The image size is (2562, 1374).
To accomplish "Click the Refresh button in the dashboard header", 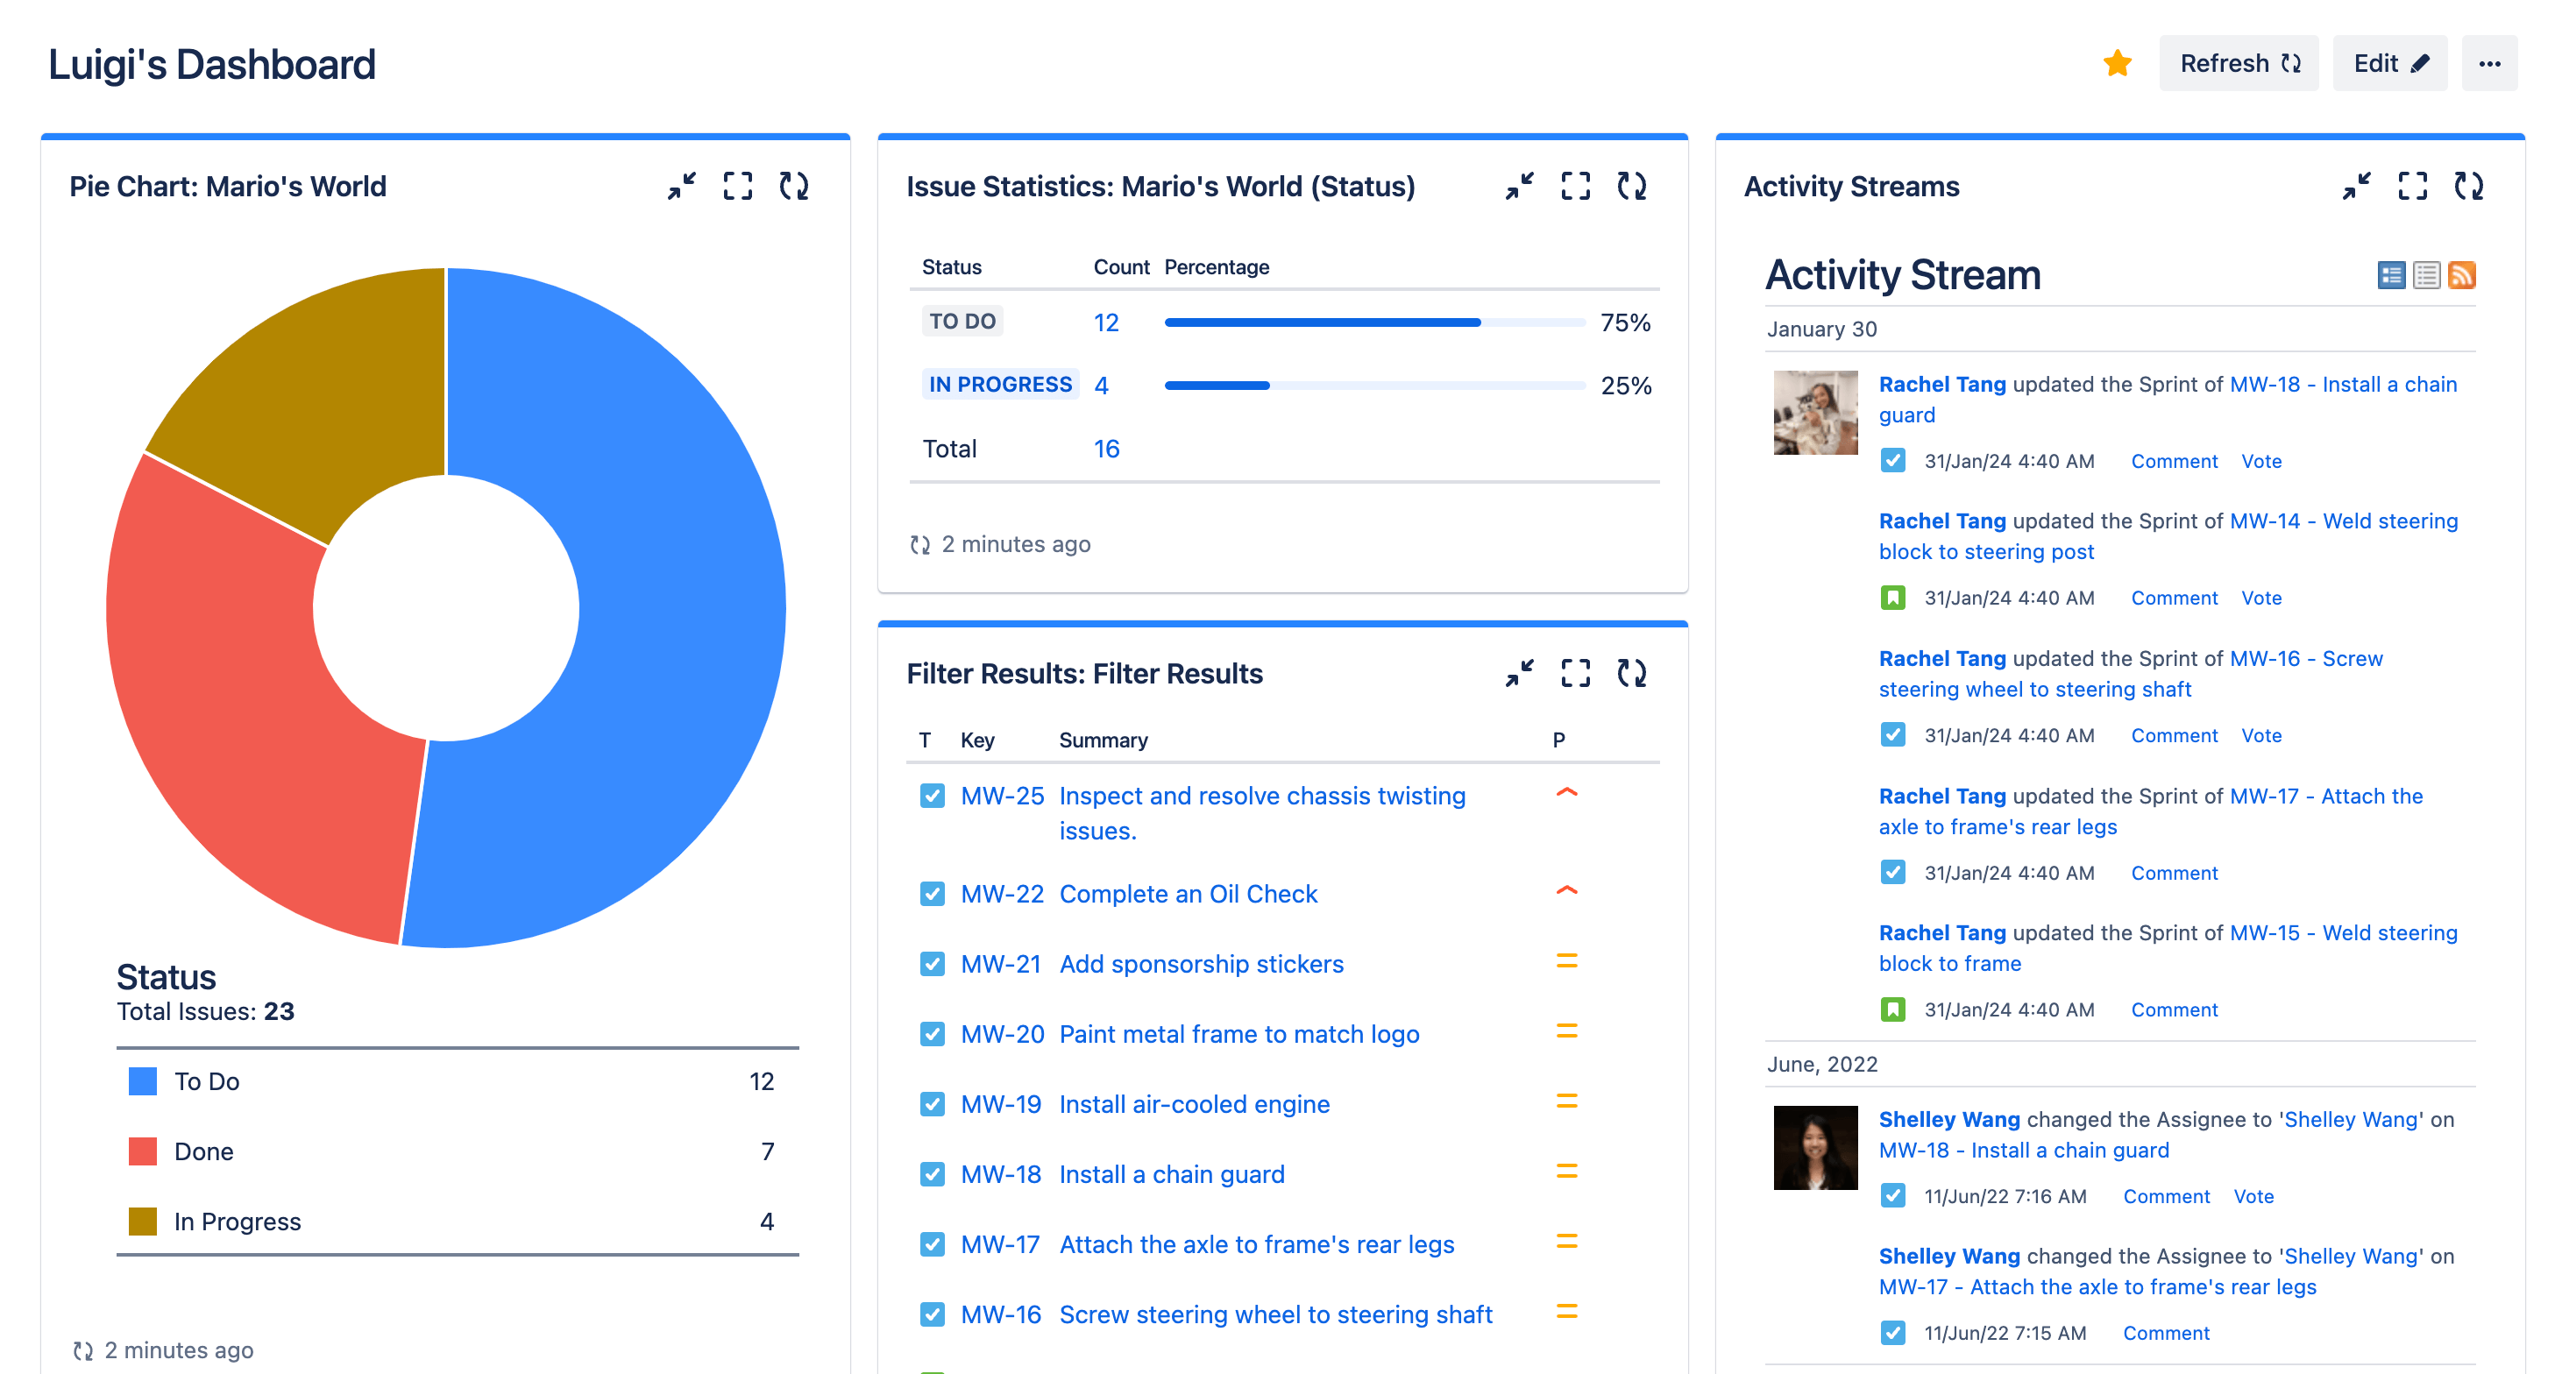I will [x=2238, y=64].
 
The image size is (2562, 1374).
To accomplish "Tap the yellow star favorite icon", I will [x=2118, y=64].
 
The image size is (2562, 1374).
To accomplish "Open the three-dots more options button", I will [x=2489, y=64].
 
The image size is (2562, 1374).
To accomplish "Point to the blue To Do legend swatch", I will [x=142, y=1080].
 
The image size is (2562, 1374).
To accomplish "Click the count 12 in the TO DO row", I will [x=1106, y=322].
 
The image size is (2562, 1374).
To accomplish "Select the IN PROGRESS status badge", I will [x=999, y=385].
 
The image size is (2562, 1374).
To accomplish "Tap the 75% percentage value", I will [x=1625, y=322].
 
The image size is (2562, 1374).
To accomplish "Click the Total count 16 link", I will [x=1106, y=449].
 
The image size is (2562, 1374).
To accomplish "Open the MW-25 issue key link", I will [x=1002, y=796].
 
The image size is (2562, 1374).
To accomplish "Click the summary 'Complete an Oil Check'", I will [x=1188, y=894].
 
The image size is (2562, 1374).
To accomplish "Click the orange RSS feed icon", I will [x=2461, y=274].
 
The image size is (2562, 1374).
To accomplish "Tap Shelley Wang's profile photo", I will [x=1815, y=1147].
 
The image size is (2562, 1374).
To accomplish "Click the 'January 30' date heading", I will [x=1821, y=329].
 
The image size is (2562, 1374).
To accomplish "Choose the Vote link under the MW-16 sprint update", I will [x=2260, y=734].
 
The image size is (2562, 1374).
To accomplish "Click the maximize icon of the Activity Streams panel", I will [x=2412, y=186].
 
